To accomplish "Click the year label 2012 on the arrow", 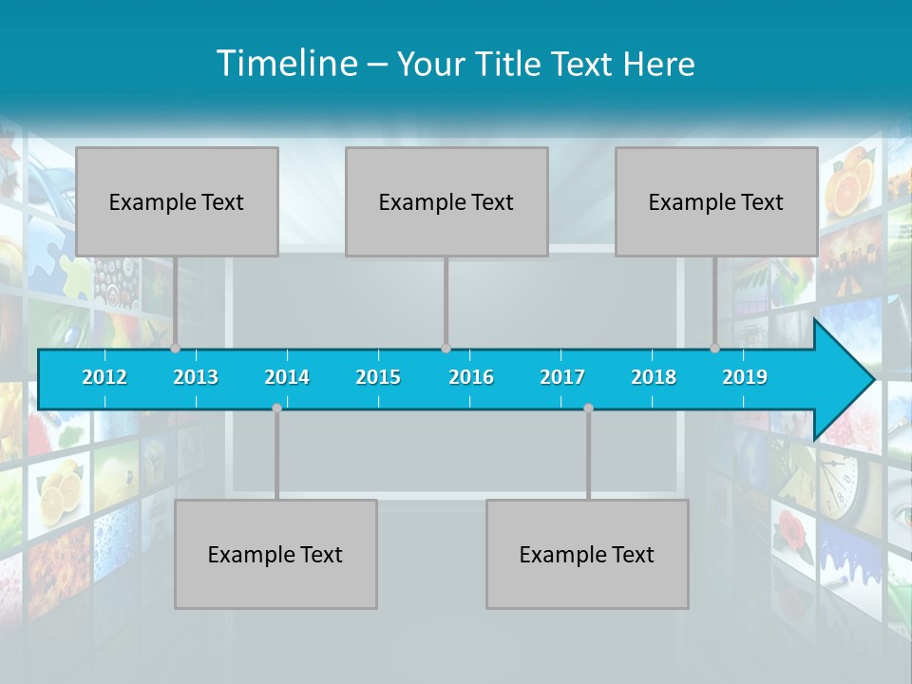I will pos(104,377).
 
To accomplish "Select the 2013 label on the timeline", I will pos(196,377).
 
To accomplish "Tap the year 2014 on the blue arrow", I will pos(287,377).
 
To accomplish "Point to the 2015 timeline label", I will pos(378,377).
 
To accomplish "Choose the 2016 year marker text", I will pos(471,377).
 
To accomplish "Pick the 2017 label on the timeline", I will pos(562,377).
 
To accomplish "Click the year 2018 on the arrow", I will pos(654,377).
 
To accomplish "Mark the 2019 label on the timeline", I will pos(745,377).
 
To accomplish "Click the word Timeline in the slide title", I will pos(286,64).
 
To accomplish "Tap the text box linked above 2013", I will pos(177,201).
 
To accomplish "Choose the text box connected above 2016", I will pos(446,201).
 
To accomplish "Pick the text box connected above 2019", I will pos(716,201).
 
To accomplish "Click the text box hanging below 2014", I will pos(275,554).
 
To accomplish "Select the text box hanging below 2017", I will pos(587,554).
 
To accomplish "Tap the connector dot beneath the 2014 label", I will pos(276,408).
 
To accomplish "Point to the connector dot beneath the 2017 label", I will pos(588,408).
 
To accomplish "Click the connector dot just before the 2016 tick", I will pos(446,349).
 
